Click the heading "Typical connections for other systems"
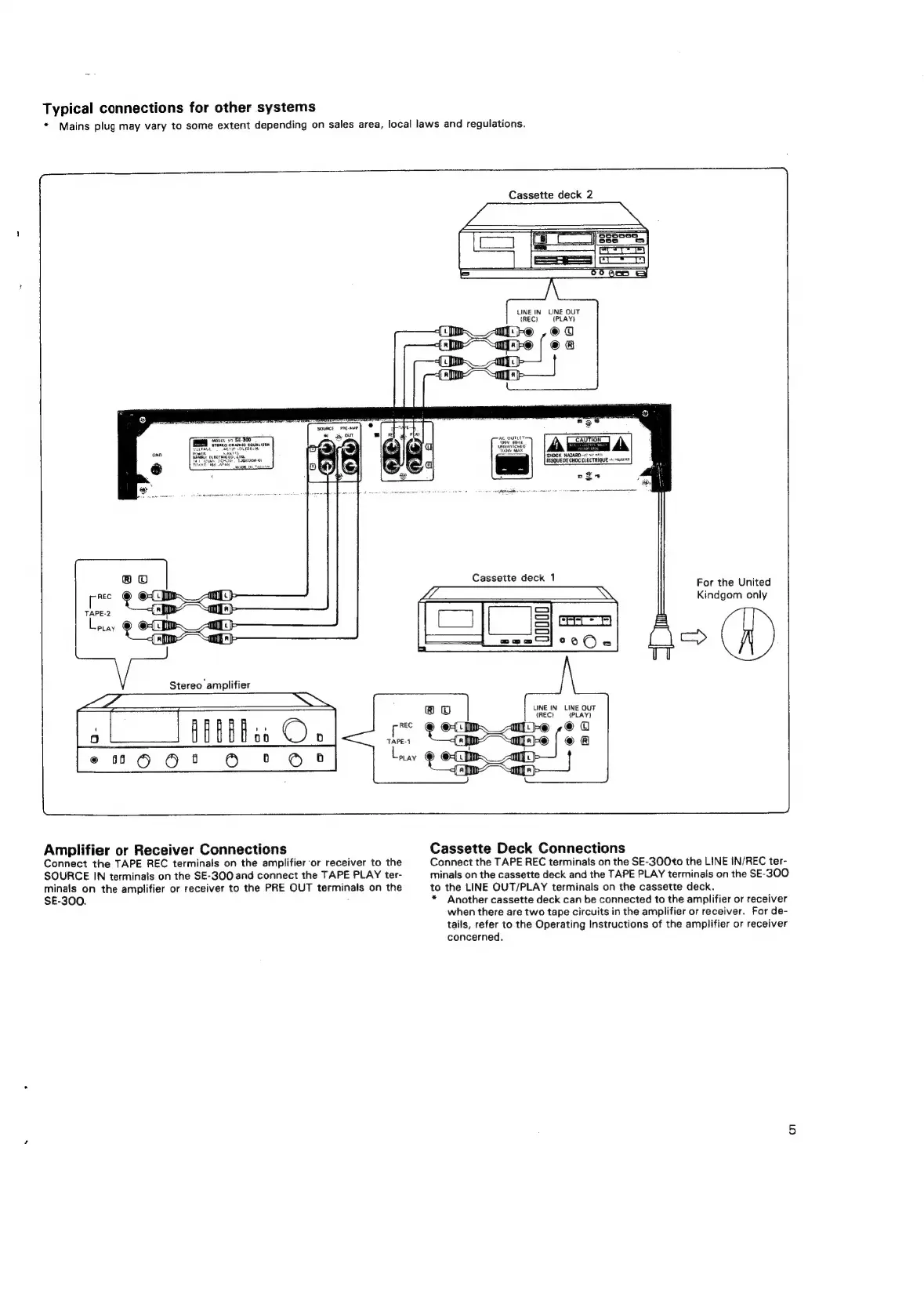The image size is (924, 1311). click(x=179, y=107)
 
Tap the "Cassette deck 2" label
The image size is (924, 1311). click(x=550, y=194)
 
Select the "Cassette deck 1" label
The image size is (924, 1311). click(x=513, y=578)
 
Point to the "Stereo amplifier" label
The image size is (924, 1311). click(x=209, y=685)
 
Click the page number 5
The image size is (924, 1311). click(x=792, y=1130)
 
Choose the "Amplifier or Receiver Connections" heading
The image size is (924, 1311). click(x=165, y=849)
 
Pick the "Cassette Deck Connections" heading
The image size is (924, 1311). click(x=528, y=848)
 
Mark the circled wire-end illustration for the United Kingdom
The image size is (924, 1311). click(x=748, y=634)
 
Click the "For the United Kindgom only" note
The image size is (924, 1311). click(x=733, y=588)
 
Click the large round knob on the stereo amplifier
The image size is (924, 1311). click(x=295, y=730)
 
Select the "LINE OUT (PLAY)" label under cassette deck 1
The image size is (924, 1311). click(x=579, y=711)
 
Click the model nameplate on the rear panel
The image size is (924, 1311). click(x=231, y=452)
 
